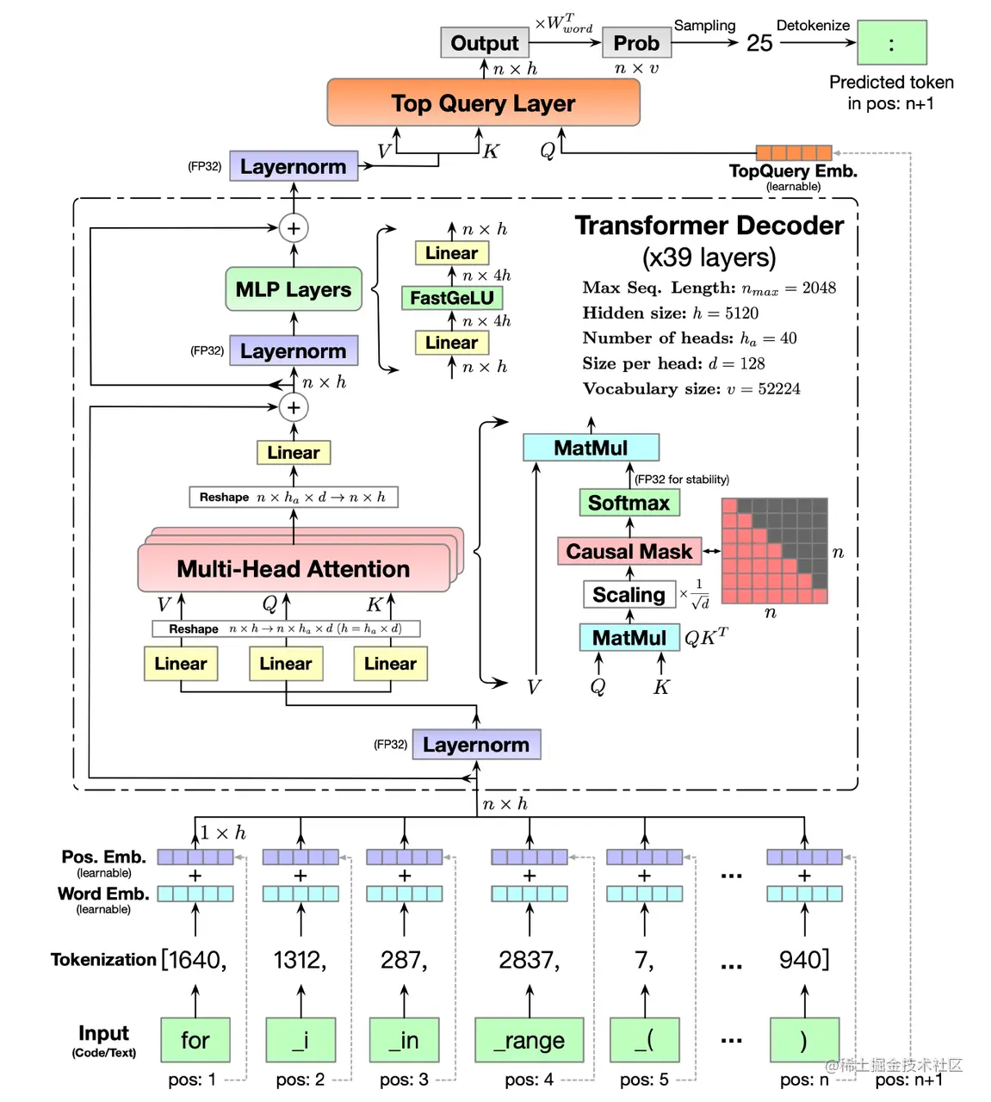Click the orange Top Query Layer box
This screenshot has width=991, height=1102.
[483, 103]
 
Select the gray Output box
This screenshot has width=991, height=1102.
[484, 43]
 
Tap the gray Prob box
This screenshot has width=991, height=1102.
[636, 43]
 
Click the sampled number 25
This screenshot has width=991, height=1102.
[759, 43]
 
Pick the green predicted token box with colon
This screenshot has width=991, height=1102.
[891, 43]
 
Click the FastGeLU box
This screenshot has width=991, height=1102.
[451, 298]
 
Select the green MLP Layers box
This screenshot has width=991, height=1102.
[293, 289]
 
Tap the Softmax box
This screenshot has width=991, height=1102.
[629, 503]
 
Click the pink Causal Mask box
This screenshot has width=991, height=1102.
[629, 551]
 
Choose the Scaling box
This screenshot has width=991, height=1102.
[629, 595]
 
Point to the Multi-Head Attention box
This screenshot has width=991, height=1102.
[293, 569]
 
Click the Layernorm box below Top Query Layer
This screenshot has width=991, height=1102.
[293, 166]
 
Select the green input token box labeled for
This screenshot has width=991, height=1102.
[195, 1040]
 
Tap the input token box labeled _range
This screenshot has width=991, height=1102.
[529, 1040]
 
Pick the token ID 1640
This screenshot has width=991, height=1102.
[195, 960]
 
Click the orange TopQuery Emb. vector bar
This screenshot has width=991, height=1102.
[793, 153]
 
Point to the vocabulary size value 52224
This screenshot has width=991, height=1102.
[778, 389]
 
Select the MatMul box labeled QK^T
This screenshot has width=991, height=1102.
[629, 638]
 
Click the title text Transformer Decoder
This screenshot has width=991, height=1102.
[709, 226]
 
